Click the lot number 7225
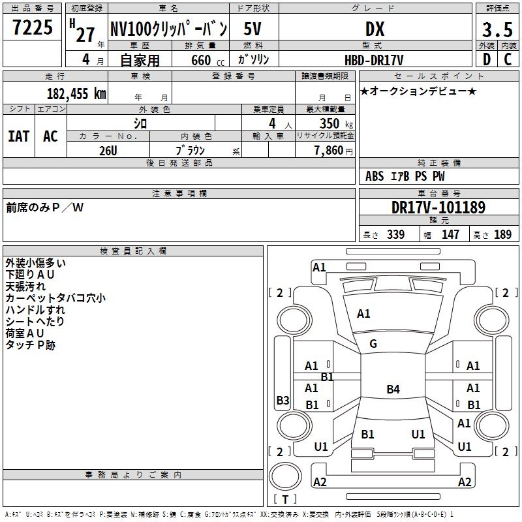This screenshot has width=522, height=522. tap(32, 28)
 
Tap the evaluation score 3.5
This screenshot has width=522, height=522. tap(497, 30)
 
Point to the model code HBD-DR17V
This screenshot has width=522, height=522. tap(375, 59)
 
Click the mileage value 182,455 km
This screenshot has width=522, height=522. tap(76, 93)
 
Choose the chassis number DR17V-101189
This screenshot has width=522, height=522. tap(438, 208)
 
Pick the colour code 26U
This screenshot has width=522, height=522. tap(108, 149)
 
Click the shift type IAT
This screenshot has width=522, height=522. tap(18, 136)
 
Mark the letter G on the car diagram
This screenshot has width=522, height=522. tap(373, 344)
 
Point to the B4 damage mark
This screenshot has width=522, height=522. tap(393, 390)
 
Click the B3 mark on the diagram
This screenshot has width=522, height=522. tap(283, 401)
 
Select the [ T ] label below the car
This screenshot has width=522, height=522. tap(285, 500)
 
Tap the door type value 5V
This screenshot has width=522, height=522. tap(253, 29)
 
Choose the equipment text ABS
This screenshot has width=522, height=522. tap(375, 176)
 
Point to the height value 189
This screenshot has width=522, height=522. tap(503, 234)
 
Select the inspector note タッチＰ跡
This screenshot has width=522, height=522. tap(31, 345)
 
